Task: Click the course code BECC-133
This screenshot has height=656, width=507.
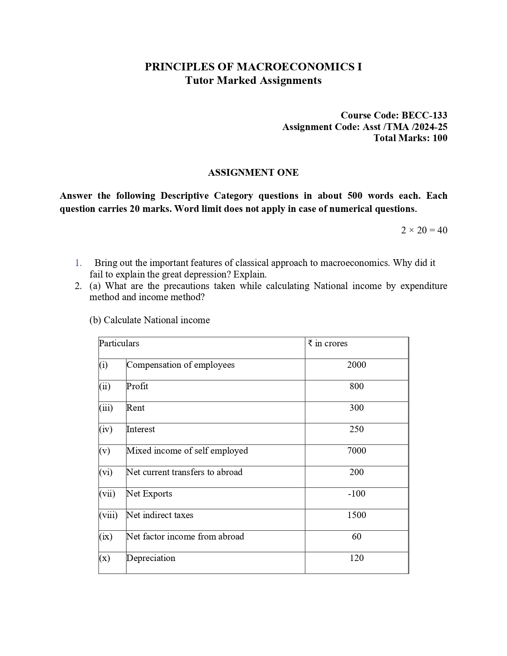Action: (x=424, y=115)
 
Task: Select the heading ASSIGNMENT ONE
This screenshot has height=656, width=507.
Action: (x=253, y=173)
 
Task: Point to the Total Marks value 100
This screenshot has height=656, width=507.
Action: (x=440, y=138)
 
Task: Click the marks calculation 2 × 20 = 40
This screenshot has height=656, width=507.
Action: (x=424, y=230)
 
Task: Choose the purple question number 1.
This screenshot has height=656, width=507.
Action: (x=78, y=263)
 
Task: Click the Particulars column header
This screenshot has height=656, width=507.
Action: (x=119, y=344)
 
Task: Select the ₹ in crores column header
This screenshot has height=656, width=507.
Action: (x=328, y=344)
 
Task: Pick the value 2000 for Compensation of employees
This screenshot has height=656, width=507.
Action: (x=356, y=365)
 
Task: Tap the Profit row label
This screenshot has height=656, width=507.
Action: (x=137, y=386)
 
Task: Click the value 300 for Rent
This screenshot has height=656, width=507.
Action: (x=356, y=408)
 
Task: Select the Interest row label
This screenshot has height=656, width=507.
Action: (x=141, y=429)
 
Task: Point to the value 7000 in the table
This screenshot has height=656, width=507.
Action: (x=356, y=451)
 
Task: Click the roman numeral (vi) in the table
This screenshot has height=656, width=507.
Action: (x=106, y=472)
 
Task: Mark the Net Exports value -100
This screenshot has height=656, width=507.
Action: (x=356, y=494)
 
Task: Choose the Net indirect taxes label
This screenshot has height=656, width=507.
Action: (x=160, y=515)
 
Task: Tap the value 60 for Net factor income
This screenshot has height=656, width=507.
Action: (x=356, y=537)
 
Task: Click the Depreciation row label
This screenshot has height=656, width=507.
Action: (x=151, y=558)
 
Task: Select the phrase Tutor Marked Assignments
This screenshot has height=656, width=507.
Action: (x=253, y=81)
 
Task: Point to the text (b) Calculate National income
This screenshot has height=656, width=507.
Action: (x=150, y=320)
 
